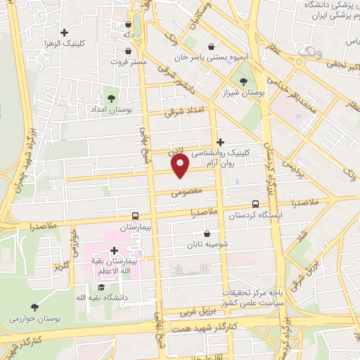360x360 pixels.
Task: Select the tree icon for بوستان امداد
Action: click(110, 97)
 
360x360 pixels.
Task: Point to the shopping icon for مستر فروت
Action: click(127, 51)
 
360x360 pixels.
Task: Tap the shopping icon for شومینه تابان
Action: click(207, 234)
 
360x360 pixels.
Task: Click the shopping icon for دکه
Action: click(127, 22)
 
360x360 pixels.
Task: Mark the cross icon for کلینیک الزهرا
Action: click(65, 32)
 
